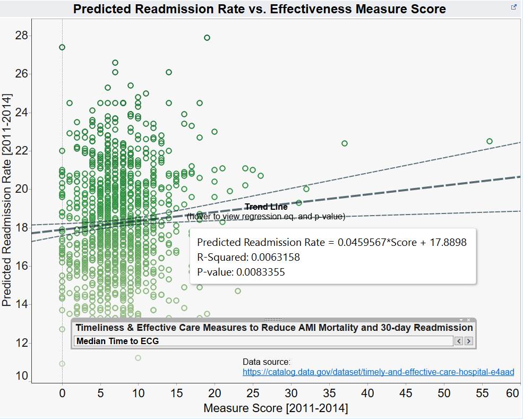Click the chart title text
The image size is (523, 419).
pos(259,9)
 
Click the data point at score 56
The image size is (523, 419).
pos(490,141)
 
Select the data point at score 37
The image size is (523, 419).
pos(345,143)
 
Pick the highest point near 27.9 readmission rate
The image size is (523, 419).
pos(207,38)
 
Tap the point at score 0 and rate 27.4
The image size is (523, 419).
pos(62,47)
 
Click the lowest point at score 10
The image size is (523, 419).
pos(138,358)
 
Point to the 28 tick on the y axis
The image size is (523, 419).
pos(22,36)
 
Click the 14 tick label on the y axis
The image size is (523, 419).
pos(22,304)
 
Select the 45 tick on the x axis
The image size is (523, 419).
pos(406,394)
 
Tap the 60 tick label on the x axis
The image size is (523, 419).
pos(512,394)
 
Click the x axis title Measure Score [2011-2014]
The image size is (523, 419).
pos(276,408)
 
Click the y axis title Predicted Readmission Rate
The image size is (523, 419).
pos(7,200)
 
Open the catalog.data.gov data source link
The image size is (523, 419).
pos(378,372)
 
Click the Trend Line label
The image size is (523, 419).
pos(266,207)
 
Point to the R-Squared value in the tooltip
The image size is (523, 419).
pos(248,258)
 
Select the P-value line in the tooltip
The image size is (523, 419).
pos(241,272)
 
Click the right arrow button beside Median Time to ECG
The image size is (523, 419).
pos(469,341)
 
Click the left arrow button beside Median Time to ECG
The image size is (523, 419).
pos(459,341)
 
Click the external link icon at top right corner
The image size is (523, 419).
pos(514,7)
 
